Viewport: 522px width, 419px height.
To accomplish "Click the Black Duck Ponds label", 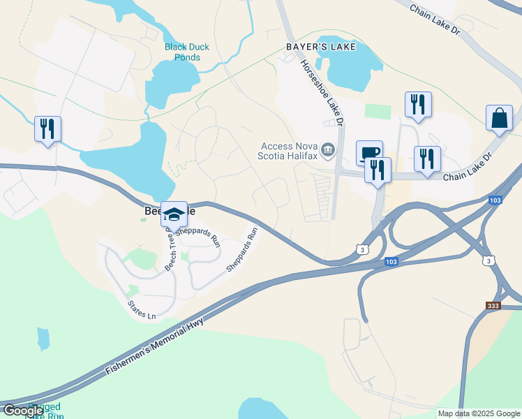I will point(186,52).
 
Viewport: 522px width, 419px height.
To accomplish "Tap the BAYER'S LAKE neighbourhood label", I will point(320,47).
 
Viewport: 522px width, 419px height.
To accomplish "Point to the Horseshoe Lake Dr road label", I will point(322,91).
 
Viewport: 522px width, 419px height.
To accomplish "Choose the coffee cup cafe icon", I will point(369,153).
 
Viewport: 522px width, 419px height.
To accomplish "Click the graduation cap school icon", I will point(174,213).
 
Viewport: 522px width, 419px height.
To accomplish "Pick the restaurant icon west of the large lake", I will point(47,128).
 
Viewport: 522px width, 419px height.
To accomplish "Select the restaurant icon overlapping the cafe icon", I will point(378,170).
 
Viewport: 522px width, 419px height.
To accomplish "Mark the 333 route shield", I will point(494,306).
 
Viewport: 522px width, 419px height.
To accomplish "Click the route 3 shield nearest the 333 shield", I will point(490,260).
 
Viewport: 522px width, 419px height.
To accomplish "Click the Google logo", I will point(23,411).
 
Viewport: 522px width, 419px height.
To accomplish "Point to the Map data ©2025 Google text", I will point(479,413).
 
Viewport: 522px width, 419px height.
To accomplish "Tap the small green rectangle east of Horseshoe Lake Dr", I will point(378,111).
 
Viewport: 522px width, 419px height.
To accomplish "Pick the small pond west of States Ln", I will point(43,339).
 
